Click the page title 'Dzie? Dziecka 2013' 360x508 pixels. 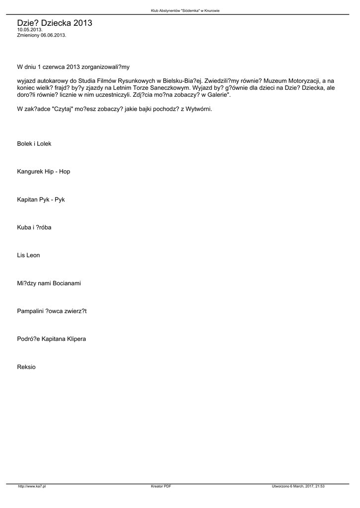(x=55, y=23)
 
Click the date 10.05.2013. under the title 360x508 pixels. (x=30, y=30)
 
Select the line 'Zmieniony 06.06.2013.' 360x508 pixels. (x=42, y=36)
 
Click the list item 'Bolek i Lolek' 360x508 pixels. (x=34, y=144)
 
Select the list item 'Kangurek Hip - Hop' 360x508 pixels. (x=44, y=172)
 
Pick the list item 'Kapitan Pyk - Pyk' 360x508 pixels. (x=41, y=199)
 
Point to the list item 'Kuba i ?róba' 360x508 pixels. (x=34, y=227)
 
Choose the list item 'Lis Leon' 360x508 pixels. (x=28, y=255)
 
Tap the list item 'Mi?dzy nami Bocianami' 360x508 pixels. (x=49, y=283)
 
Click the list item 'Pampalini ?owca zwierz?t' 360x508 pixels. (x=52, y=311)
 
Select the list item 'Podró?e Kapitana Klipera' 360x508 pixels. (x=52, y=339)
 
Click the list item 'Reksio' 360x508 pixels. (x=26, y=367)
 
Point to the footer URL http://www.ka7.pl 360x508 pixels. (x=32, y=487)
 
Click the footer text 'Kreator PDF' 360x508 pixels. (x=161, y=487)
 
